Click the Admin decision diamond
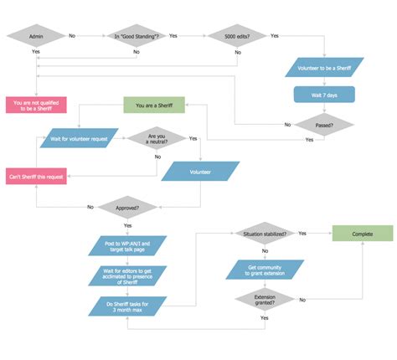(x=36, y=36)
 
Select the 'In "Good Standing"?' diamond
(x=137, y=36)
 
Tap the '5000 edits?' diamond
(x=237, y=36)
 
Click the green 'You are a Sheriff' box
(x=153, y=105)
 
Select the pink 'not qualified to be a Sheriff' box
(x=36, y=105)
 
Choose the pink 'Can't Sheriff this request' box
(x=36, y=176)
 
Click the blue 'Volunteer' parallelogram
(x=200, y=172)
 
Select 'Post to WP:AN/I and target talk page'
(x=128, y=245)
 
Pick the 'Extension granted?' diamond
(x=264, y=299)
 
